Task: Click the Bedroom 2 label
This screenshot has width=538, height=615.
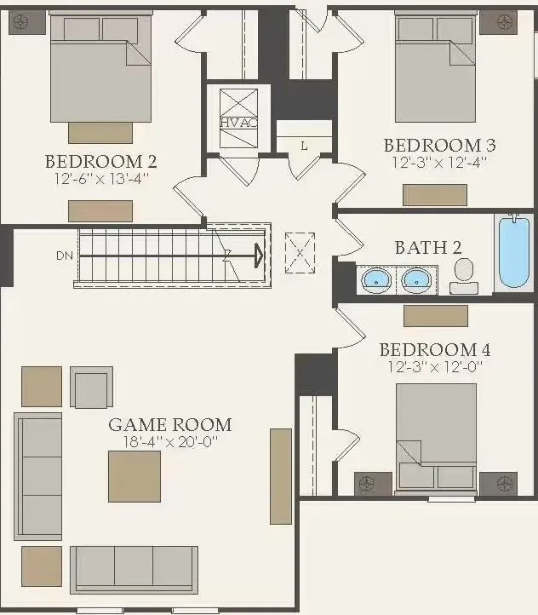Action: (100, 161)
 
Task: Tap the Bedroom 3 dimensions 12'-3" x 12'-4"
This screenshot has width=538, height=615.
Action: (439, 162)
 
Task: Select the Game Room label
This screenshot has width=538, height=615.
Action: (170, 425)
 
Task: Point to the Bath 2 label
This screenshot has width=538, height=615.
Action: (428, 248)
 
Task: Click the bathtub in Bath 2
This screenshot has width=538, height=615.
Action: (514, 253)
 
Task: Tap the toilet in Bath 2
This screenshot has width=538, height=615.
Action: (464, 276)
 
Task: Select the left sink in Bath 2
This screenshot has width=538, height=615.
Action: (376, 279)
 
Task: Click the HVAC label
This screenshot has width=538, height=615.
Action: (238, 123)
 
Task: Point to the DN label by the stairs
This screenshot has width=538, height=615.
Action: (65, 256)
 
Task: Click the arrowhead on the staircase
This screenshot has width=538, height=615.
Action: (259, 256)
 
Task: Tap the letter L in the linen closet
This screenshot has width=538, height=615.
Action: (304, 147)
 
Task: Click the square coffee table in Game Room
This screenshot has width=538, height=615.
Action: (134, 476)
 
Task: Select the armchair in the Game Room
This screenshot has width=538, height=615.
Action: (92, 387)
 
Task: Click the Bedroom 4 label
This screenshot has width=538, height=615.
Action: (435, 349)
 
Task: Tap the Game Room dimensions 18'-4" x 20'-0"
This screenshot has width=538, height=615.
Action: (170, 442)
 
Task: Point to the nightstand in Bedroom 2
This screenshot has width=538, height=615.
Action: (27, 22)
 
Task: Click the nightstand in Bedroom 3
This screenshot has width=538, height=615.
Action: (499, 22)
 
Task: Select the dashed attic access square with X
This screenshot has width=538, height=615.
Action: (300, 253)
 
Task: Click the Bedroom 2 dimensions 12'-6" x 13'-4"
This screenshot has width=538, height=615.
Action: (102, 179)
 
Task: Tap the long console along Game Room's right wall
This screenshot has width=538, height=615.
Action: (281, 476)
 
